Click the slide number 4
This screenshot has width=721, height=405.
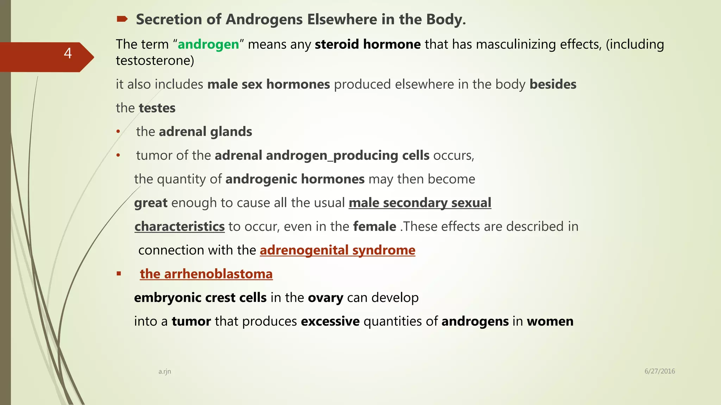click(68, 53)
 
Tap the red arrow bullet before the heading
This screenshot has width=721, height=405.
click(122, 19)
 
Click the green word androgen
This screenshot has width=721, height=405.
click(208, 44)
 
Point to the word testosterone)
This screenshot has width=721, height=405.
click(155, 60)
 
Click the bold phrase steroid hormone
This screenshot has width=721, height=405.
click(368, 44)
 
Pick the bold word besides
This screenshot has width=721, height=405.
click(553, 84)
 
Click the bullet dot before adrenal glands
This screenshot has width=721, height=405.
click(119, 132)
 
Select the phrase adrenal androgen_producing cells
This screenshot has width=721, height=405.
click(322, 155)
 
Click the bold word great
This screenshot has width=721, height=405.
click(151, 203)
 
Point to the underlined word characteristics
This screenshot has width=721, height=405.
click(180, 226)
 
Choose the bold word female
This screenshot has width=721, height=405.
click(375, 226)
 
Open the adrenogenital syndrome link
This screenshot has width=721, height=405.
click(337, 250)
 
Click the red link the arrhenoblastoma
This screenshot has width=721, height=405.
click(206, 274)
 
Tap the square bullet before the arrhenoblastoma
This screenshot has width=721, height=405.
click(119, 274)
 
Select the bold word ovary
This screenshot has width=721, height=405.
click(325, 298)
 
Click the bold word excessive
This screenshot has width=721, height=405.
click(330, 321)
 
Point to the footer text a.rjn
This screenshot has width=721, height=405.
click(164, 371)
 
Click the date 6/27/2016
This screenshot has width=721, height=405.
click(659, 371)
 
